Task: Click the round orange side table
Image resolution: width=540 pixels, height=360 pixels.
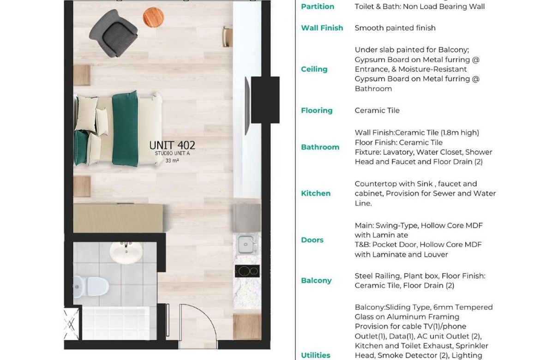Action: coord(153,18)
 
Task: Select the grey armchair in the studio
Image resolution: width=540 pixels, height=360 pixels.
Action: coord(113,33)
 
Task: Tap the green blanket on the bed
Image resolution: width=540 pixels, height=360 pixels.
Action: coord(125,128)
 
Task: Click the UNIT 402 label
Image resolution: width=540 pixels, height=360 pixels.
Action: coord(172,145)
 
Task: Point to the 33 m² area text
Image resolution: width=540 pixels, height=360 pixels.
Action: coord(172,161)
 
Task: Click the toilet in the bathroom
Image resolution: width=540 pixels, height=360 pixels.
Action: coord(90,286)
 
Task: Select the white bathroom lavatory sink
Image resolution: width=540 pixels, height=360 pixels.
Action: coord(126,252)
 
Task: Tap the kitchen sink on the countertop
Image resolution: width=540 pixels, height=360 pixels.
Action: coord(247,244)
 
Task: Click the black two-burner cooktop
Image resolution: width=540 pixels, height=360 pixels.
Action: coord(247,271)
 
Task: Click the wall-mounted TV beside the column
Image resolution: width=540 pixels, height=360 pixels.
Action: coord(247,106)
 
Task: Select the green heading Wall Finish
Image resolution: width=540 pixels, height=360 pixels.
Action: coord(322,28)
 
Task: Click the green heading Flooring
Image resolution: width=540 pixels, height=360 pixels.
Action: coord(317,111)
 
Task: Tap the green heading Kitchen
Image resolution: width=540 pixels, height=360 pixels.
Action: coord(316,193)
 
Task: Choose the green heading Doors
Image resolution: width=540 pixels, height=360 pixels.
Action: coord(312,240)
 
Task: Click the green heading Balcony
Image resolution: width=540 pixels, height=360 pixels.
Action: coord(316,281)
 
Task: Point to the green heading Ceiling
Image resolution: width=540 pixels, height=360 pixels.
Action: coord(314,69)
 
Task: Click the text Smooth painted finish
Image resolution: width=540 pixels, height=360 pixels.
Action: coord(395,28)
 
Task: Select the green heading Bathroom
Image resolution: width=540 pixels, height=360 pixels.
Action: coord(320,147)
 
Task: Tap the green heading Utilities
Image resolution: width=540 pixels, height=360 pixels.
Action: coord(316,355)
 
